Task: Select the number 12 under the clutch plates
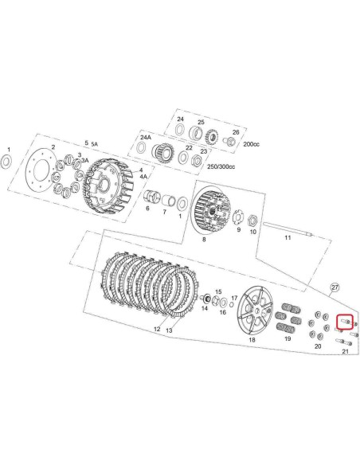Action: pos(157,329)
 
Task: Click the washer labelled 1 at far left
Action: pos(8,163)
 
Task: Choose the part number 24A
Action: pos(145,137)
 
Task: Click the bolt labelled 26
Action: pos(232,141)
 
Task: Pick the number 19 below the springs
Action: pos(288,338)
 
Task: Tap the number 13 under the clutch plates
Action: pos(168,330)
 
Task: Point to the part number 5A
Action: pos(96,143)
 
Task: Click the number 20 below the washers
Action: pos(318,346)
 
